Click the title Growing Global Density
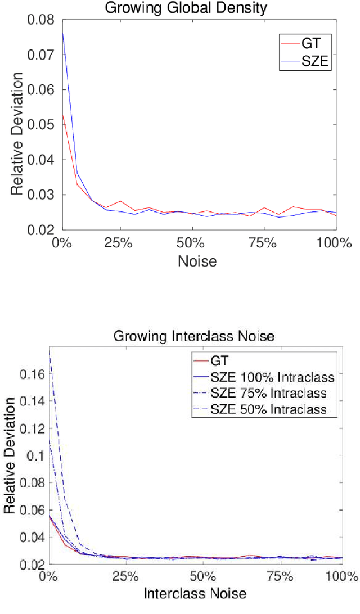[199, 8]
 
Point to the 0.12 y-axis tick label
[31, 427]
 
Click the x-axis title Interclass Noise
[195, 593]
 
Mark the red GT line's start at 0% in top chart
[62, 115]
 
